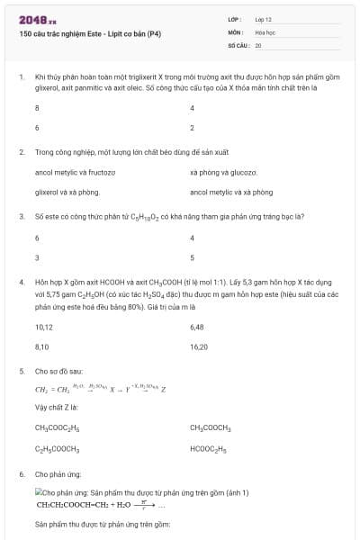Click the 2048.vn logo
tap(37, 18)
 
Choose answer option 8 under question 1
tap(37, 107)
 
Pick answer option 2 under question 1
tap(193, 128)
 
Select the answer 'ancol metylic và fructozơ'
tap(75, 171)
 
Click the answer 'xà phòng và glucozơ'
tap(224, 171)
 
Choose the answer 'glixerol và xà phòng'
tap(67, 192)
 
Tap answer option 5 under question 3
tap(193, 257)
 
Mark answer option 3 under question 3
tap(37, 257)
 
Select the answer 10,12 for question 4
tap(43, 326)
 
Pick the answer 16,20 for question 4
tap(199, 346)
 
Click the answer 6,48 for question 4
tap(198, 326)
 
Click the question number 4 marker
tap(21, 282)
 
